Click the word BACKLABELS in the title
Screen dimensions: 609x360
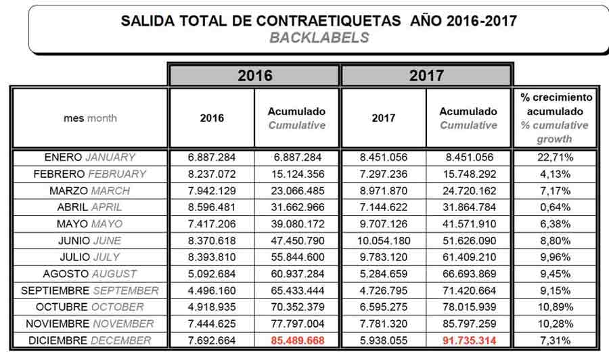click(319, 38)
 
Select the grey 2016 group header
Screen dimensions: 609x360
click(254, 75)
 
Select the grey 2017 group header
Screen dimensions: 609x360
click(426, 75)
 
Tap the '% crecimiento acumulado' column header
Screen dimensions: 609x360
click(556, 118)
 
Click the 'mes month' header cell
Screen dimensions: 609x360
click(90, 118)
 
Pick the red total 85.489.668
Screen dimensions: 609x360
click(298, 340)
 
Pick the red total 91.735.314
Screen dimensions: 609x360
click(469, 340)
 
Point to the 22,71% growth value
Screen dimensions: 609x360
click(556, 157)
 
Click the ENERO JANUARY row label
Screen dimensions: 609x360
click(90, 157)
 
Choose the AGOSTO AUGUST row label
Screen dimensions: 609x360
click(90, 274)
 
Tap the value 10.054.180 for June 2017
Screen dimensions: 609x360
click(384, 241)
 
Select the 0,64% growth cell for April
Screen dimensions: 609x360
click(556, 207)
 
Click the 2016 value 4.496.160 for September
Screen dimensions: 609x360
click(212, 290)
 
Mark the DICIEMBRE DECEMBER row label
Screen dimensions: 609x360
click(90, 340)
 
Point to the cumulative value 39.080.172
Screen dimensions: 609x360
click(298, 224)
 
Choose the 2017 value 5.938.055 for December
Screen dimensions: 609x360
click(384, 340)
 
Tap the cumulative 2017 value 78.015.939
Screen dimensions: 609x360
click(469, 307)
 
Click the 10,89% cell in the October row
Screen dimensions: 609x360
click(556, 307)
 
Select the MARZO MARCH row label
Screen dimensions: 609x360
click(90, 191)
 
